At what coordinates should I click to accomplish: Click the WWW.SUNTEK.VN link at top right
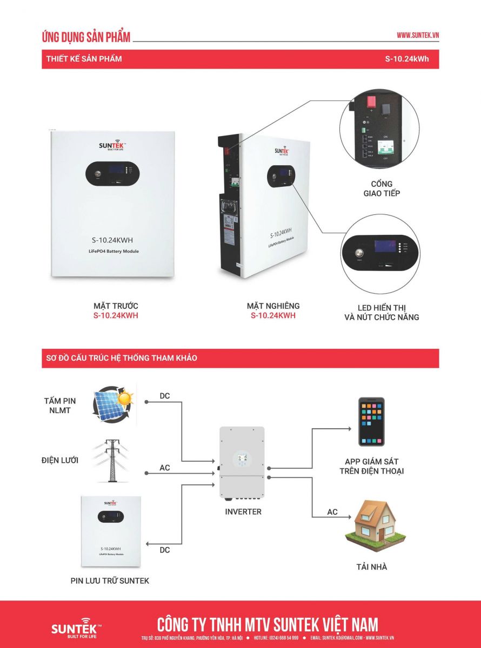[417, 35]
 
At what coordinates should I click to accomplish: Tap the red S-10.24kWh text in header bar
[407, 59]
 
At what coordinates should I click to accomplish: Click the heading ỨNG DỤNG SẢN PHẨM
[86, 37]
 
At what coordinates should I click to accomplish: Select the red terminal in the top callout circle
[371, 102]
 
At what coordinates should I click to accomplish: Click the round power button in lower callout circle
[358, 252]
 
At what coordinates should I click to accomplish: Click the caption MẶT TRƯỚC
[116, 306]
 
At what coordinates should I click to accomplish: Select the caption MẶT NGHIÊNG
[273, 306]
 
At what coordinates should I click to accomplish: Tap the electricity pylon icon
[112, 460]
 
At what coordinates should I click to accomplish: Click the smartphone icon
[371, 422]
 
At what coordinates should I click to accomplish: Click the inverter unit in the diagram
[242, 462]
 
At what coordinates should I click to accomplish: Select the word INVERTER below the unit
[243, 511]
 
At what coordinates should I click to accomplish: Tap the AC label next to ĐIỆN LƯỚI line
[165, 468]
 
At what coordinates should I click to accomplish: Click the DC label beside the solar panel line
[165, 396]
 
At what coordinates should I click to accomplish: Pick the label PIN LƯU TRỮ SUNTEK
[110, 580]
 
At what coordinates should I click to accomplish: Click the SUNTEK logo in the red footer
[75, 627]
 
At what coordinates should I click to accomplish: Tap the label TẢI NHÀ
[371, 567]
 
